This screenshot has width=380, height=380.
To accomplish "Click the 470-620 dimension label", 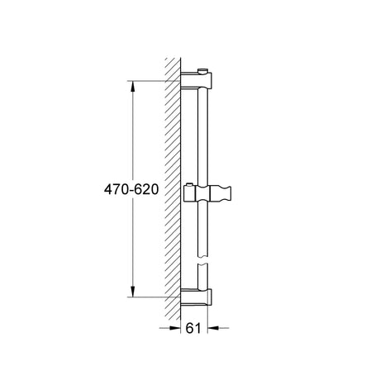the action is (x=131, y=189).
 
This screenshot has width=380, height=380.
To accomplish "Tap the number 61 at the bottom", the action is (x=193, y=328).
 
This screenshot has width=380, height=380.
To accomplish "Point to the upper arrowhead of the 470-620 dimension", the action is (x=133, y=87).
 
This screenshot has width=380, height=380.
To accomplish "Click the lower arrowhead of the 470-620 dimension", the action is (x=133, y=292).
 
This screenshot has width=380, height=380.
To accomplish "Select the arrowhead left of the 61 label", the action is (x=175, y=328).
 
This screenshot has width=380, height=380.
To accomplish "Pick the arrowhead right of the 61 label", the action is (x=213, y=328).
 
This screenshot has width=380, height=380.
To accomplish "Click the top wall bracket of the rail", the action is (x=196, y=80).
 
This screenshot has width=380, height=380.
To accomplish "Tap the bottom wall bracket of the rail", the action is (x=196, y=297).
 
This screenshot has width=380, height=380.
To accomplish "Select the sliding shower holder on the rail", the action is (x=207, y=193).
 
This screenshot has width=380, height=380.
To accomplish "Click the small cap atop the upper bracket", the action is (x=202, y=71).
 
